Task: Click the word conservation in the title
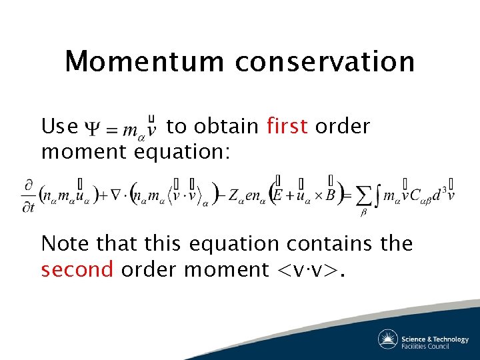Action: [x=325, y=61]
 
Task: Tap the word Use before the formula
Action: [x=59, y=126]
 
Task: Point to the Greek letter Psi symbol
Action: [x=91, y=127]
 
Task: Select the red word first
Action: [x=287, y=126]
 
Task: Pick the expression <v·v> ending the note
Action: [x=309, y=270]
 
